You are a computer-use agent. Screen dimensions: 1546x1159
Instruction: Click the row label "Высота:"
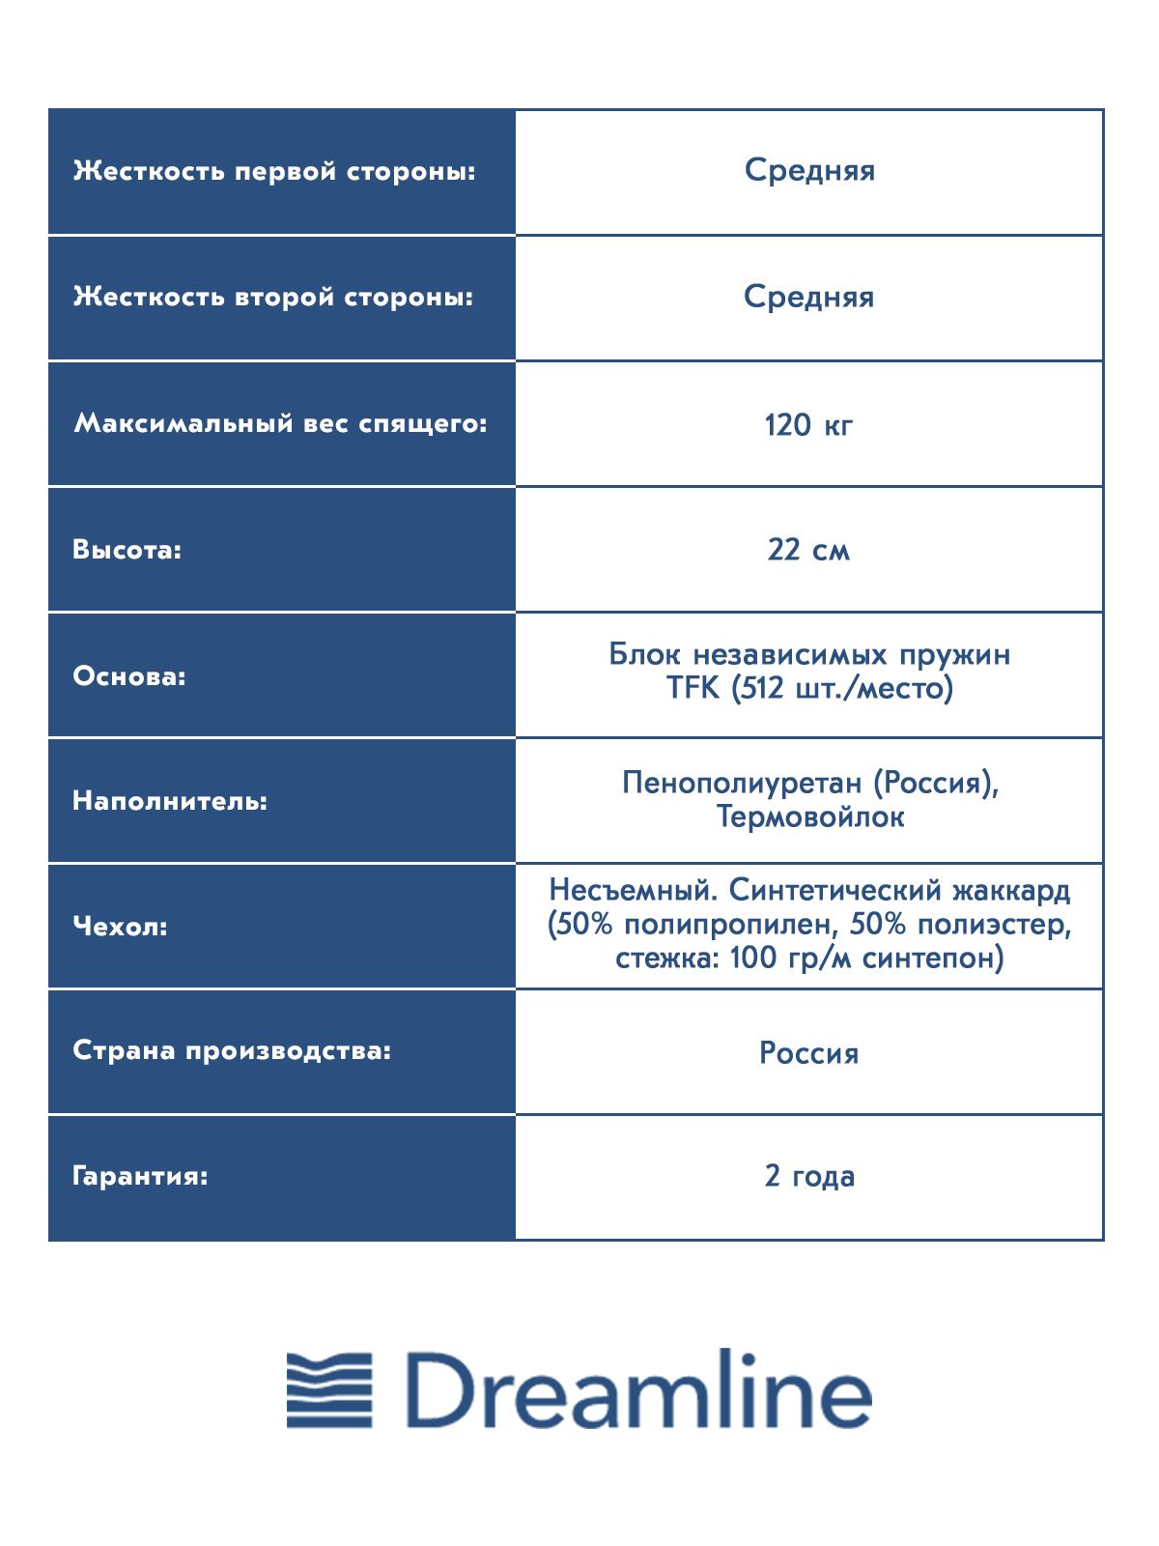click(127, 550)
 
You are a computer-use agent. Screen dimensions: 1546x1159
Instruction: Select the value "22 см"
click(808, 550)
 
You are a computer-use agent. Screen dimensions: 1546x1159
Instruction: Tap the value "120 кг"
click(808, 424)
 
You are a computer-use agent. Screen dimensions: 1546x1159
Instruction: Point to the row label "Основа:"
click(128, 675)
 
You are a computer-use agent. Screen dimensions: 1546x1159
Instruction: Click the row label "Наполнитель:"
click(170, 801)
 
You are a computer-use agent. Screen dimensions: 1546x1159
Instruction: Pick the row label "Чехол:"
click(120, 927)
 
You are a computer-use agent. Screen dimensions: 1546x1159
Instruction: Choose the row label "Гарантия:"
click(140, 1176)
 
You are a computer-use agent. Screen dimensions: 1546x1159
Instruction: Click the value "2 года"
click(809, 1176)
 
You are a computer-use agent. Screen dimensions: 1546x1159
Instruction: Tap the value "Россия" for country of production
click(808, 1052)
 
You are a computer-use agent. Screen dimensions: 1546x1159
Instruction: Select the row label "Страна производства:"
click(232, 1050)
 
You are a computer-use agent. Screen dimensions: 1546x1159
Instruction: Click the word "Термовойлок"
click(810, 816)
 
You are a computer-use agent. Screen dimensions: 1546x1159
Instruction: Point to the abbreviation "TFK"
click(693, 688)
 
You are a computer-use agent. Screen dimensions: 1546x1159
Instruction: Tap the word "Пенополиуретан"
click(741, 782)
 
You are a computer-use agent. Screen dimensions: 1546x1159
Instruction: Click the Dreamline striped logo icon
click(329, 1390)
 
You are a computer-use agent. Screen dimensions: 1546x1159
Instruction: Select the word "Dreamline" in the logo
click(638, 1390)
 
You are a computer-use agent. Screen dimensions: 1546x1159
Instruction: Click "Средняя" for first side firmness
click(809, 170)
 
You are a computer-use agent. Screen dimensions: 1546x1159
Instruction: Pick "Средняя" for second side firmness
click(808, 297)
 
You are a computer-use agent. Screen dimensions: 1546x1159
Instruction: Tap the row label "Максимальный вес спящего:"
click(280, 423)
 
